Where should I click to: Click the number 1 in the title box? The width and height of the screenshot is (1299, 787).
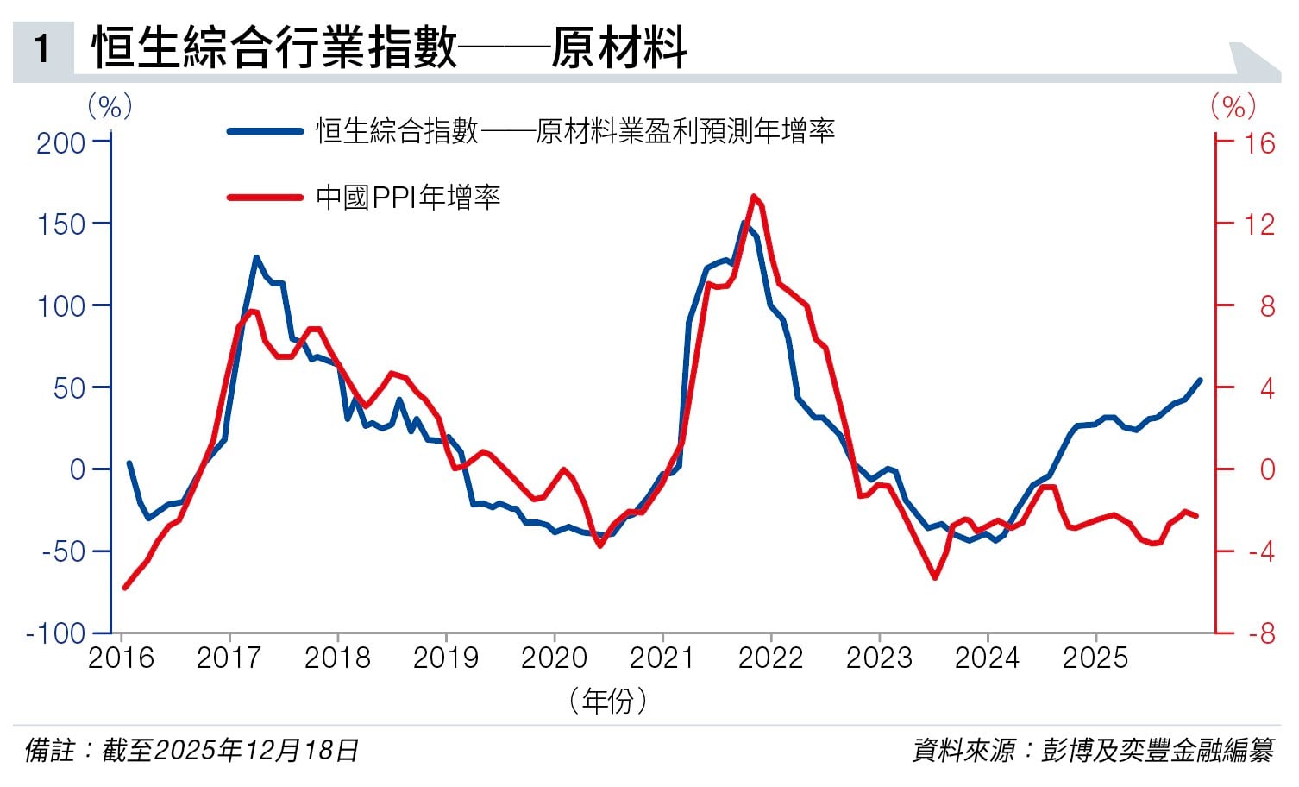click(41, 48)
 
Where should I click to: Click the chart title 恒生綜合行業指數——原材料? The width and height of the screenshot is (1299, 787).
click(389, 47)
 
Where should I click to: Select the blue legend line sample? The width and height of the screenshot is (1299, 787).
click(264, 131)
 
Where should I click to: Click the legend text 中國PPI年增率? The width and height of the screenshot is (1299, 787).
click(408, 198)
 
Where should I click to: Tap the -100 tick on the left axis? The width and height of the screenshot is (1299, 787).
click(56, 633)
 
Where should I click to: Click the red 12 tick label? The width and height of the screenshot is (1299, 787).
click(1258, 224)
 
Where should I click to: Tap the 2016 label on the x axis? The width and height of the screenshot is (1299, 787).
click(121, 658)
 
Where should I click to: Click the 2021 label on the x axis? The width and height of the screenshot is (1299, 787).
click(662, 658)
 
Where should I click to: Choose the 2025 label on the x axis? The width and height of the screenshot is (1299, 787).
click(1095, 658)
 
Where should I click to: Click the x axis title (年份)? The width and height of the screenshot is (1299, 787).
click(608, 700)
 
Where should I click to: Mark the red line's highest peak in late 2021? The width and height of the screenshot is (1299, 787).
click(754, 196)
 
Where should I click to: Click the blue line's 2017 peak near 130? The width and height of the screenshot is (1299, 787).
click(256, 257)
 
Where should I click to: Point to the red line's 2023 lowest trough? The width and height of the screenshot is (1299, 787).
click(935, 577)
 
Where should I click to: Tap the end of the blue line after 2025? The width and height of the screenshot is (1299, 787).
click(1200, 380)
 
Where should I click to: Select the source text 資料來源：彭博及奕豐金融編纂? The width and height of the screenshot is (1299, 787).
click(1093, 750)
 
